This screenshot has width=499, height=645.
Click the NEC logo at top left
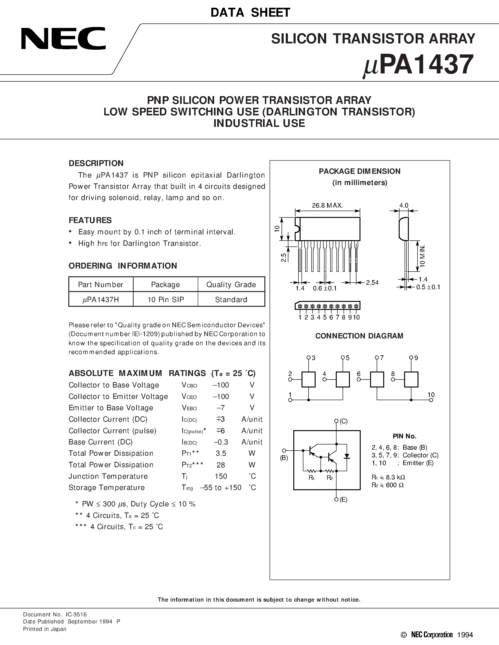[x=63, y=38]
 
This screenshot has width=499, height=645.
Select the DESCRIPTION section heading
[x=96, y=163]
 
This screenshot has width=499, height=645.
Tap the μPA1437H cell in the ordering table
[x=101, y=300]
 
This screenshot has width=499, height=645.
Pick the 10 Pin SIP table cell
[x=166, y=300]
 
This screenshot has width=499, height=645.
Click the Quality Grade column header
[x=231, y=285]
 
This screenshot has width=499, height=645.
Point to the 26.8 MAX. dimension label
[x=327, y=205]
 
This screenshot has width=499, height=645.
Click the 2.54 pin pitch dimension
[x=372, y=282]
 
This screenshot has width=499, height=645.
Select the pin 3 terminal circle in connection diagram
[x=309, y=358]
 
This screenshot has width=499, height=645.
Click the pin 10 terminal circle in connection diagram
[x=431, y=400]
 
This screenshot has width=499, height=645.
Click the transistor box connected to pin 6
[x=377, y=379]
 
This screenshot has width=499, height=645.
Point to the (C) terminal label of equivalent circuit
[x=343, y=421]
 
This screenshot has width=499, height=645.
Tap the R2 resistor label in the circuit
[x=330, y=478]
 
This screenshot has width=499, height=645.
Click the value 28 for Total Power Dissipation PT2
[x=220, y=465]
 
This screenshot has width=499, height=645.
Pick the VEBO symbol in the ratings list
[x=189, y=408]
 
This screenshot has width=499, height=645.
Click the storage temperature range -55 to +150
[x=220, y=488]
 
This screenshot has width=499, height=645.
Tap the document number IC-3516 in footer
[x=77, y=615]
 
